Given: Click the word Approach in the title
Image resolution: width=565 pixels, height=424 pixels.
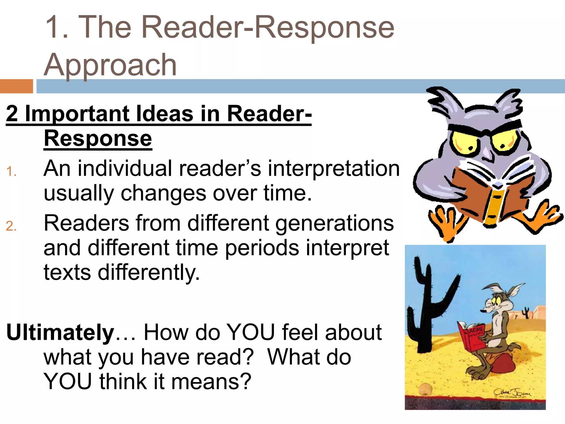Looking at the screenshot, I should [110, 65].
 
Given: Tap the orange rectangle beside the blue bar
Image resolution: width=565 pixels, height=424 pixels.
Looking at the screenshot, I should [16, 86].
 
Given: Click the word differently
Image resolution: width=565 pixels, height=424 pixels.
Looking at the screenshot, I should [149, 273].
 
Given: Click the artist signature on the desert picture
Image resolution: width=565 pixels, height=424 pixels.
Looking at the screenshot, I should [512, 393].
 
